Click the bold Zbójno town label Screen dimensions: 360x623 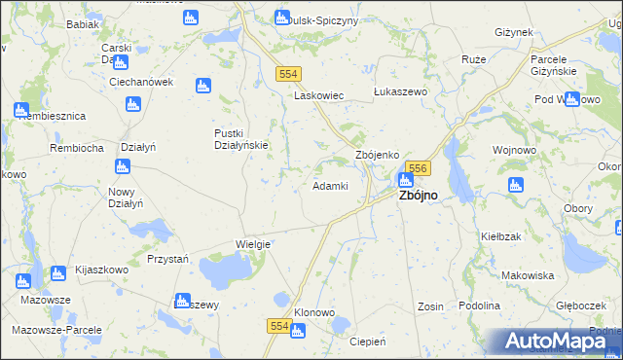416,196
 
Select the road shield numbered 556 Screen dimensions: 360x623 417,168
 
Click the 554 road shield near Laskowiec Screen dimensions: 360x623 287,74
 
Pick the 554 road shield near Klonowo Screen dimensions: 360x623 279,328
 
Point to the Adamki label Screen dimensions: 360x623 329,186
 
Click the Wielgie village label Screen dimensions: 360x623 252,244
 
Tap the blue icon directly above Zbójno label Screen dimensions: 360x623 405,179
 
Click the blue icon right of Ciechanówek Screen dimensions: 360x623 203,86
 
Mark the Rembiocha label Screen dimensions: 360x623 77,148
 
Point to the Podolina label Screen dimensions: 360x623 480,306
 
